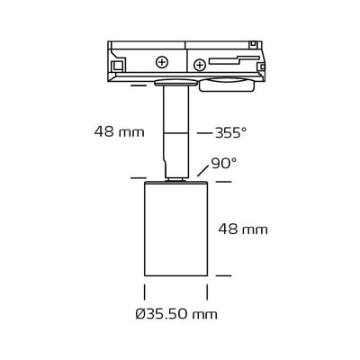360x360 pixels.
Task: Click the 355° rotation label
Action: click(x=230, y=132)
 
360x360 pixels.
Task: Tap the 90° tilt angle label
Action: click(x=223, y=164)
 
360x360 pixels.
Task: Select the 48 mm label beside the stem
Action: click(x=119, y=132)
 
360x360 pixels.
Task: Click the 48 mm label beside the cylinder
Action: click(x=243, y=229)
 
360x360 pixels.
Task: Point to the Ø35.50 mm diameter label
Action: click(x=177, y=314)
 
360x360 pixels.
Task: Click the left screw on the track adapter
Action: click(x=162, y=62)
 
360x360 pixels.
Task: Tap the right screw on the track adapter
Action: click(x=198, y=62)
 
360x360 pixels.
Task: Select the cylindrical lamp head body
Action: click(x=176, y=229)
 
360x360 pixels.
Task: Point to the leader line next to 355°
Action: click(x=203, y=132)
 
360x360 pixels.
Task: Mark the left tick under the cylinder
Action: click(x=145, y=292)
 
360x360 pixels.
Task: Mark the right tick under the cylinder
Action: click(x=208, y=292)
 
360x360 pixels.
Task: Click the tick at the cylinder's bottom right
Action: click(x=223, y=276)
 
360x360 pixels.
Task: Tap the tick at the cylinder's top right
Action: click(x=223, y=182)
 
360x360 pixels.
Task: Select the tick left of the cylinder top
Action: click(x=138, y=177)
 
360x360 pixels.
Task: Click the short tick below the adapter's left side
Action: click(x=138, y=85)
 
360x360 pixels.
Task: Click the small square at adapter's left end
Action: click(x=117, y=65)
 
